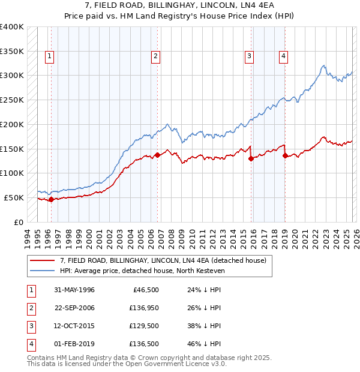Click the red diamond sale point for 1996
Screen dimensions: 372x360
[x=52, y=199]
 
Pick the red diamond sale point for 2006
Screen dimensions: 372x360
[x=158, y=155]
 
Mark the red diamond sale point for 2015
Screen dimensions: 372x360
[x=251, y=158]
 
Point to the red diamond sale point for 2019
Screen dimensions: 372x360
[x=285, y=155]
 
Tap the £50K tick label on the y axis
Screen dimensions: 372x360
[x=14, y=197]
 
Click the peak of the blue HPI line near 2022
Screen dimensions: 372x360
[x=323, y=65]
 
